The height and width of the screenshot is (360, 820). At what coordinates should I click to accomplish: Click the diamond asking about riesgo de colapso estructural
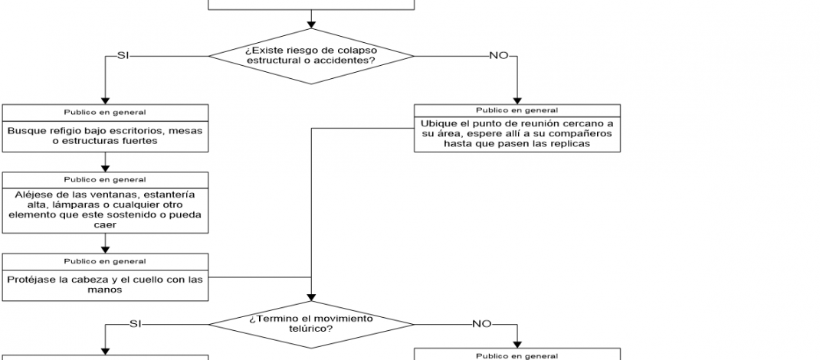tap(311, 55)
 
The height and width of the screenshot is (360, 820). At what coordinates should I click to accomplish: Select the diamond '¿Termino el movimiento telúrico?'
tap(311, 322)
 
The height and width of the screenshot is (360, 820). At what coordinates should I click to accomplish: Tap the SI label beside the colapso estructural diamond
tap(123, 55)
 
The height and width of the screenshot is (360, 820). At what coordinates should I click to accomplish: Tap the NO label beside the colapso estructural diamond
tap(497, 55)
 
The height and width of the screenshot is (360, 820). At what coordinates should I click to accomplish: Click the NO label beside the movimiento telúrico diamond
tap(481, 323)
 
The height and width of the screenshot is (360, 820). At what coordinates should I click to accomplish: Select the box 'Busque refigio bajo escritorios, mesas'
tap(105, 136)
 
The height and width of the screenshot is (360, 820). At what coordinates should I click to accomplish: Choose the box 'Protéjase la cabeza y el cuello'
tap(105, 284)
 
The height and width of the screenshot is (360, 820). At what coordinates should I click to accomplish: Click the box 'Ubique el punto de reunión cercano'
tap(517, 134)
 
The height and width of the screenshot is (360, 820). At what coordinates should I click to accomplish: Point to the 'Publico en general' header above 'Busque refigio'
tap(105, 112)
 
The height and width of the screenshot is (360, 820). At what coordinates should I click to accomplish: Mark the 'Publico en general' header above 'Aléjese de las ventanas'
tap(105, 180)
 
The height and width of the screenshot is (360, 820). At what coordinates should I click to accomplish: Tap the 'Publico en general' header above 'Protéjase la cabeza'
tap(105, 261)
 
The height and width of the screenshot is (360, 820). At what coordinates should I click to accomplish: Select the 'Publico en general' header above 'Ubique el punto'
tap(517, 110)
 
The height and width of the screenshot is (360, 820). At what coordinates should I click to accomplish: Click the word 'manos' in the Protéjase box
tap(105, 290)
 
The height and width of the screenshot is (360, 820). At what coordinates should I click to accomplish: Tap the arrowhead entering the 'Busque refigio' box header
tap(105, 100)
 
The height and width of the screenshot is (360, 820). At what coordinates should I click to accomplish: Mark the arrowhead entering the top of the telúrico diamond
tap(311, 297)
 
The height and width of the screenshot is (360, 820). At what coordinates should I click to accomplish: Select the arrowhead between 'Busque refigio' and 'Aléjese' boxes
tap(105, 168)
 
